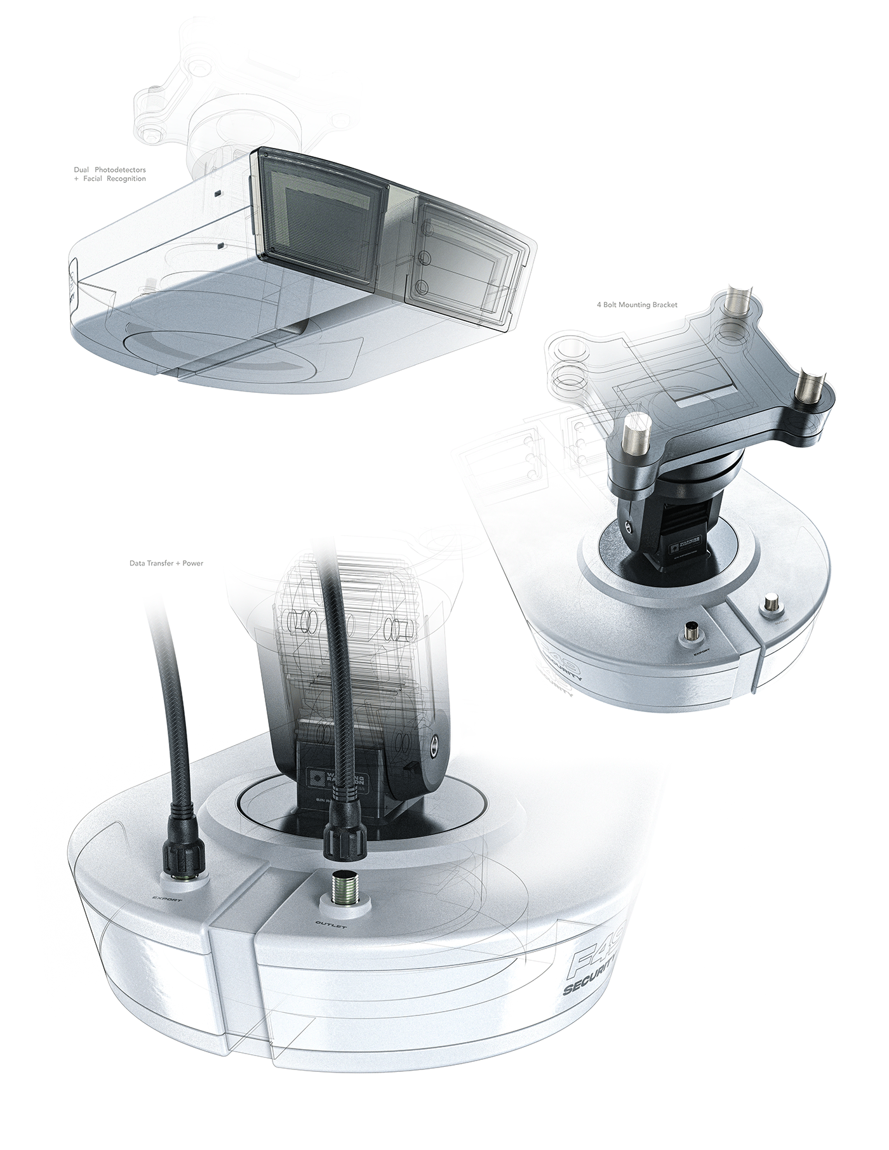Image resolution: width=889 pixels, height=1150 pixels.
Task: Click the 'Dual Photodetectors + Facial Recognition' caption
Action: [x=110, y=175]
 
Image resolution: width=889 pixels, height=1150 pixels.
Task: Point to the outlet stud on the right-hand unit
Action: [x=773, y=602]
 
